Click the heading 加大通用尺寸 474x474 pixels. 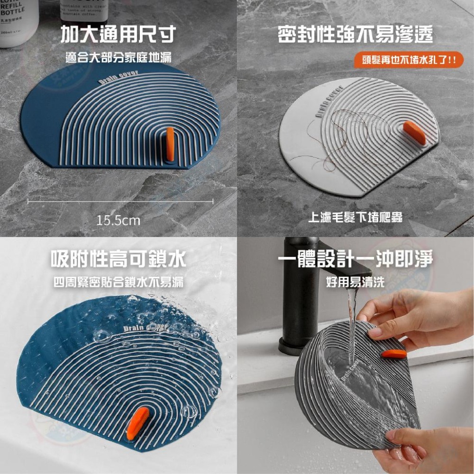(x=118, y=35)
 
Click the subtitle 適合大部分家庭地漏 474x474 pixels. (x=118, y=59)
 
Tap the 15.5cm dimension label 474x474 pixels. (x=118, y=220)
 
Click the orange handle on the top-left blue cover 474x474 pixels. (x=170, y=141)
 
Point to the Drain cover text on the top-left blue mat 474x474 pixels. (x=118, y=78)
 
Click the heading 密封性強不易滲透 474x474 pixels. (x=355, y=35)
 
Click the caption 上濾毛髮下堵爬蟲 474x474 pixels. (x=355, y=218)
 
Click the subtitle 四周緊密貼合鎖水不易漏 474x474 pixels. (x=118, y=283)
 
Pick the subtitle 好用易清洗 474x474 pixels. (x=355, y=283)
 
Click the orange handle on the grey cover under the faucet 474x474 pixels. (x=394, y=354)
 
